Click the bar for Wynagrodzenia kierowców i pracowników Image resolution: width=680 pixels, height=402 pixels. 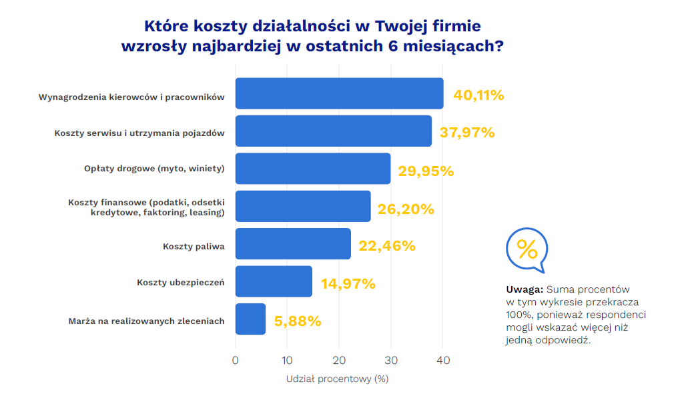[x=339, y=93]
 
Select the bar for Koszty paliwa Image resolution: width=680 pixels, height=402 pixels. [x=293, y=244]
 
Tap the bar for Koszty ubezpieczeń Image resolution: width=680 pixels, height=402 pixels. [x=274, y=281]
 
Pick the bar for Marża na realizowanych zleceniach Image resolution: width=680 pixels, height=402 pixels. [x=250, y=319]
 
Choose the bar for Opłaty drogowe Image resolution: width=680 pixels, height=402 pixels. [x=312, y=169]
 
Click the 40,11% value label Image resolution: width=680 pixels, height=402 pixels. [x=478, y=95]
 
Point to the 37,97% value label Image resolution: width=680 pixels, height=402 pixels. [x=466, y=133]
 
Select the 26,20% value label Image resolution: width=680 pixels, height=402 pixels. [x=406, y=209]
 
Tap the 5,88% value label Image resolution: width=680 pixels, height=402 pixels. [x=298, y=321]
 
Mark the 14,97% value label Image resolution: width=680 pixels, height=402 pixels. [x=348, y=284]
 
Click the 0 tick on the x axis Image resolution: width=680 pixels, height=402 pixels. [x=236, y=361]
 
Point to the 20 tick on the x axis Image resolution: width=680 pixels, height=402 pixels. [x=339, y=361]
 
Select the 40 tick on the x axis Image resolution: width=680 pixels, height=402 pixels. [x=443, y=361]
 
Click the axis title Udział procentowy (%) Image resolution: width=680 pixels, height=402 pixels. [x=337, y=379]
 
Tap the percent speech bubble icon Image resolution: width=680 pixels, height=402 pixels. [x=527, y=250]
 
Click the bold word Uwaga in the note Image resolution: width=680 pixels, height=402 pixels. [x=525, y=290]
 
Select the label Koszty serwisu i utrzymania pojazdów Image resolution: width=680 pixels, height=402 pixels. [x=139, y=133]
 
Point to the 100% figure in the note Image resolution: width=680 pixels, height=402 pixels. [x=519, y=315]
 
